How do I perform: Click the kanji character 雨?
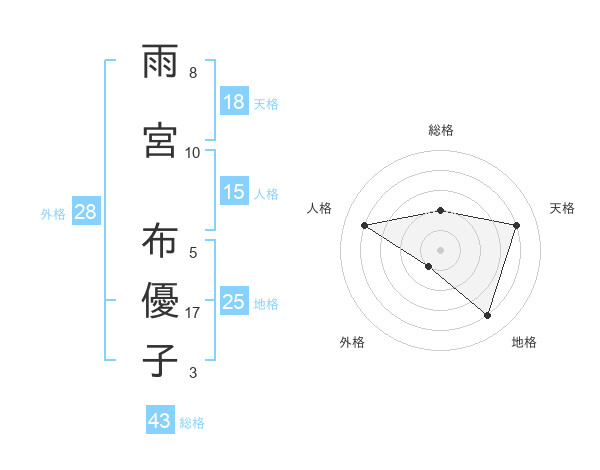point(160,63)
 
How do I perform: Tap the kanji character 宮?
point(160,140)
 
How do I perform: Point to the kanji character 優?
point(160,300)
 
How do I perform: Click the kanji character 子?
point(160,360)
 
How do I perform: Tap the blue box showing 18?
point(234,101)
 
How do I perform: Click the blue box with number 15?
point(234,192)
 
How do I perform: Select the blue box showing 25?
point(234,301)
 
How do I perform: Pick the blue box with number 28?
point(85,212)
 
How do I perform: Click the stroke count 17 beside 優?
point(193,313)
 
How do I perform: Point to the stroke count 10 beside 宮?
point(193,153)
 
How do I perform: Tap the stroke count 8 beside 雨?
point(193,73)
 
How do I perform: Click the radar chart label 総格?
point(440,130)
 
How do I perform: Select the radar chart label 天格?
point(563,208)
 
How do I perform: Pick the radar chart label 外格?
point(352,342)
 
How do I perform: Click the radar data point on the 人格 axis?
point(365,225)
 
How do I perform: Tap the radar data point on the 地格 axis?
point(487,315)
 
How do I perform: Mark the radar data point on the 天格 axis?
point(516,225)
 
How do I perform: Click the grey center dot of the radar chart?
point(440,249)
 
